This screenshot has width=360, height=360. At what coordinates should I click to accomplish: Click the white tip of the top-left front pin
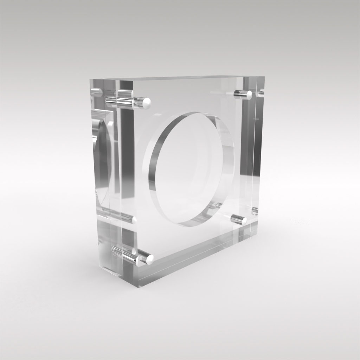(x=147, y=102)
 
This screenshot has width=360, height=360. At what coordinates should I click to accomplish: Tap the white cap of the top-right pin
(x=249, y=94)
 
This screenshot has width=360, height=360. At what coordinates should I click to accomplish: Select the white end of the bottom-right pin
(x=243, y=220)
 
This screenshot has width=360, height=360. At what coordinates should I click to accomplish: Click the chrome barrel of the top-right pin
(x=240, y=93)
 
